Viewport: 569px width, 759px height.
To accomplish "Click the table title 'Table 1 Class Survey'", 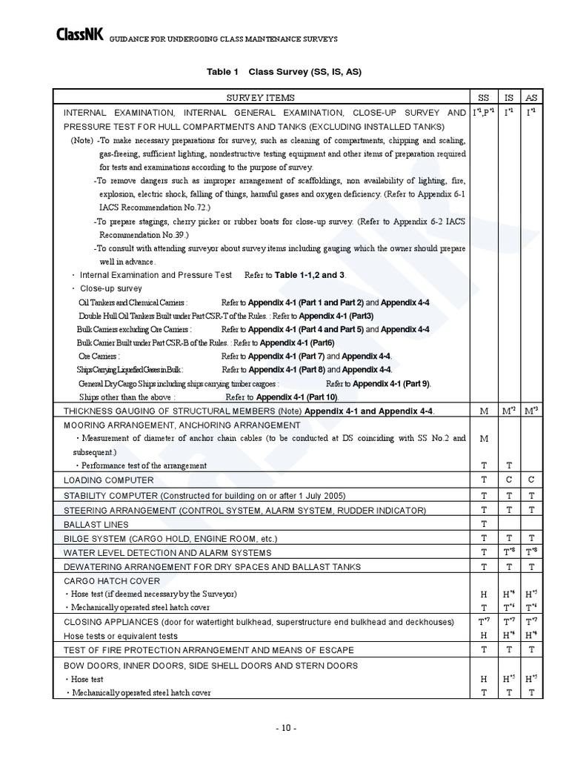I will click(x=284, y=72).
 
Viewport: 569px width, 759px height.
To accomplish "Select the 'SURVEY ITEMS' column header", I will click(x=260, y=98).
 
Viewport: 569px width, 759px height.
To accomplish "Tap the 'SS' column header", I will click(x=484, y=98).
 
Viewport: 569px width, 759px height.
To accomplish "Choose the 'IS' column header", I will click(x=508, y=98).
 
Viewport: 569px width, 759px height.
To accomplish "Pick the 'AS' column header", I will click(x=531, y=98).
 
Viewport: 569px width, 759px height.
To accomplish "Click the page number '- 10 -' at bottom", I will click(x=284, y=728).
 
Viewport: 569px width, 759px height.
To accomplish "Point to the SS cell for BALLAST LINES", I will click(x=484, y=523).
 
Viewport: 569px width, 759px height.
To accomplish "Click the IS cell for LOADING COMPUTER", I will click(x=508, y=480).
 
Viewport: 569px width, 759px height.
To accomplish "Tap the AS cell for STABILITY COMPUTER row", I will click(x=531, y=494).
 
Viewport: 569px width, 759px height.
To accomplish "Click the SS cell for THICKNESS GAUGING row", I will click(x=484, y=411).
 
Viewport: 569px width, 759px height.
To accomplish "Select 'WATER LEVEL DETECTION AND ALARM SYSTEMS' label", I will click(x=167, y=552).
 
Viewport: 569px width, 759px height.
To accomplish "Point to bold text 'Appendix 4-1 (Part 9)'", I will click(x=390, y=383).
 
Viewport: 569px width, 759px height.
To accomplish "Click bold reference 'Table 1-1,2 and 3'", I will click(x=310, y=275).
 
